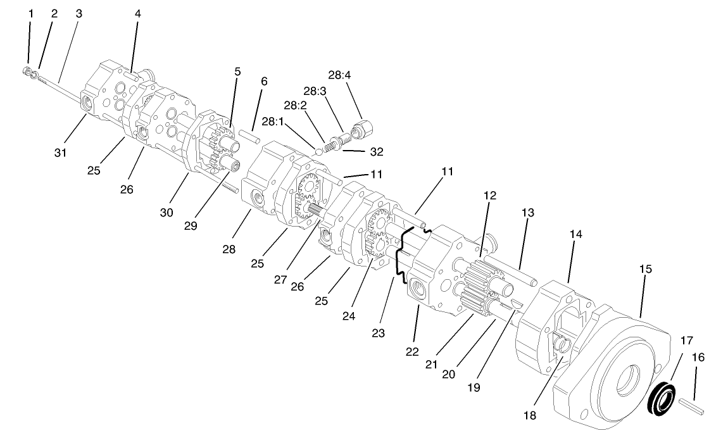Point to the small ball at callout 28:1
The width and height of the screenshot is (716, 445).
(318, 151)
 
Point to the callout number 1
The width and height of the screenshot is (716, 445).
(31, 12)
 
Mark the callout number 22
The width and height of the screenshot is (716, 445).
(412, 351)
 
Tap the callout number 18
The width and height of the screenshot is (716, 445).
(529, 416)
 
